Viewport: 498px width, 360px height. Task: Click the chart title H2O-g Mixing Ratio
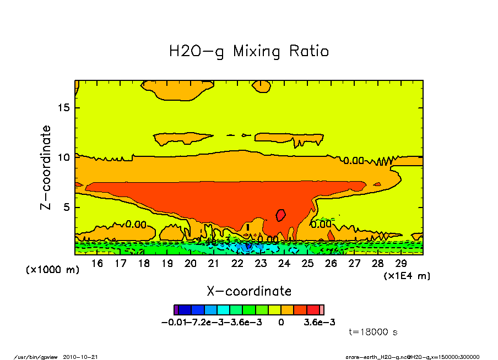[x=249, y=52]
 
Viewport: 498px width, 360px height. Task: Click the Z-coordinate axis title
[x=46, y=167]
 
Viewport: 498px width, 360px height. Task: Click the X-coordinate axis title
[x=249, y=291]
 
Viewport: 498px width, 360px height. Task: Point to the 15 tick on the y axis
[x=64, y=107]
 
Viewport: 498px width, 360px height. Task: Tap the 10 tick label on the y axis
[x=64, y=157]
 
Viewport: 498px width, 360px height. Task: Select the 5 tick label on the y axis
[x=67, y=208]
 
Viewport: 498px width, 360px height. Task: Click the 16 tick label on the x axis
[x=97, y=264]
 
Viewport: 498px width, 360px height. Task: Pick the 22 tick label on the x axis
[x=237, y=264]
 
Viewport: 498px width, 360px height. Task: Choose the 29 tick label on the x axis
[x=401, y=264]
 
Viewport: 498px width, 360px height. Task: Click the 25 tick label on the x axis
[x=307, y=264]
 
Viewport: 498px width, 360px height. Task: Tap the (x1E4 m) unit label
[x=407, y=275]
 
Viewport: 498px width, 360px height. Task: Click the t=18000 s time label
[x=373, y=332]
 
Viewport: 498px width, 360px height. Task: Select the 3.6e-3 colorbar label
[x=320, y=322]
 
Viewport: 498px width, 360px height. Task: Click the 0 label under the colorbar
[x=281, y=322]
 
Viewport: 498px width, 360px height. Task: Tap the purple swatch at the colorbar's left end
[x=176, y=309]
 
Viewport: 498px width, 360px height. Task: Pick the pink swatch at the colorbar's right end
[x=322, y=309]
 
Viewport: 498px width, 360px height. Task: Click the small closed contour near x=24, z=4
[x=281, y=215]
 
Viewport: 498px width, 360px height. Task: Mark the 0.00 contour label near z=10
[x=354, y=161]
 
